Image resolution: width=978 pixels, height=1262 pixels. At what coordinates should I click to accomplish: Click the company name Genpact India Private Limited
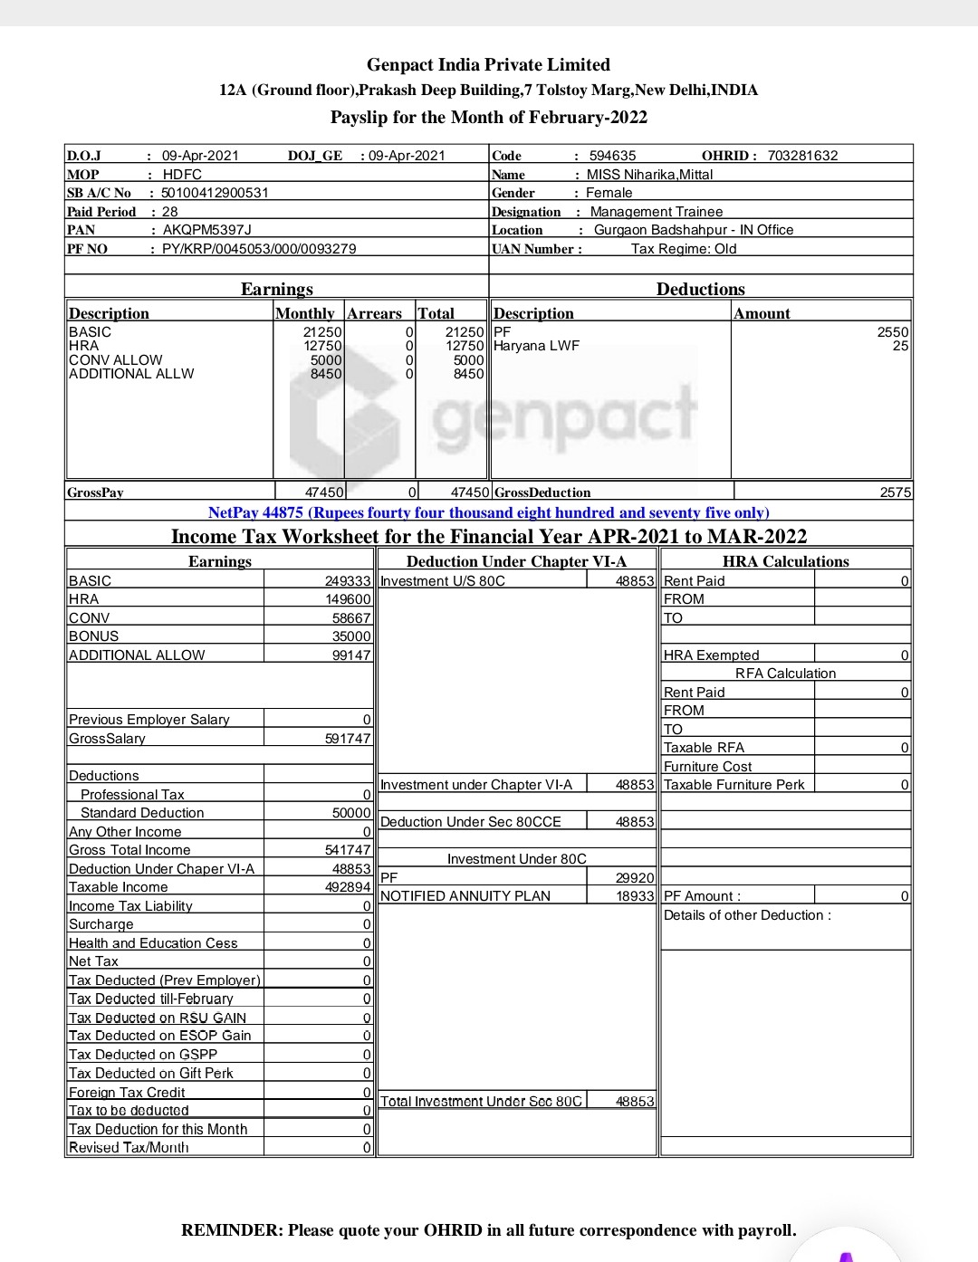(x=488, y=64)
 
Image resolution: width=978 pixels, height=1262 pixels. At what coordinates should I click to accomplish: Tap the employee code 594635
(x=612, y=156)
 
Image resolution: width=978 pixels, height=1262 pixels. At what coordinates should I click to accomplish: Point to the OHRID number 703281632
(x=802, y=156)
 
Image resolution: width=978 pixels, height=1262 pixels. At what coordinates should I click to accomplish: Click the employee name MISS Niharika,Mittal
(x=649, y=175)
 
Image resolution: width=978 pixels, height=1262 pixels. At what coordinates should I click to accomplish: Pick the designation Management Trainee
(x=656, y=212)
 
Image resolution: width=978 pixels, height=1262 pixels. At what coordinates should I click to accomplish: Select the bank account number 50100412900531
(x=215, y=193)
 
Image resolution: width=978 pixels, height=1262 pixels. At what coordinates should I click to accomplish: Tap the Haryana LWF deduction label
(x=536, y=346)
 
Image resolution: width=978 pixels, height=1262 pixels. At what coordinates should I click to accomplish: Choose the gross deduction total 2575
(x=896, y=492)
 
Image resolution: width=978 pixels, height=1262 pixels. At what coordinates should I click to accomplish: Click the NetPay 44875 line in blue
(x=488, y=512)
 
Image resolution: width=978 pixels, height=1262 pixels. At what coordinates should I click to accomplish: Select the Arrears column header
(x=374, y=313)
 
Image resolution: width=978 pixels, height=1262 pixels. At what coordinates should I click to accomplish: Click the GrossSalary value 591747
(x=348, y=739)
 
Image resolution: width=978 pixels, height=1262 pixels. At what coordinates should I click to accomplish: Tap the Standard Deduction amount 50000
(x=351, y=813)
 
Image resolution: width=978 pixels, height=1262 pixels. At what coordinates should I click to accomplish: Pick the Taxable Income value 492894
(x=348, y=887)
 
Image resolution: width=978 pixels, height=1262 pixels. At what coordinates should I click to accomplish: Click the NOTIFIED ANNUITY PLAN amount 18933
(x=635, y=896)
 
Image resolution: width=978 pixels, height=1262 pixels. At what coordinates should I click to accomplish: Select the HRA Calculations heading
(x=785, y=561)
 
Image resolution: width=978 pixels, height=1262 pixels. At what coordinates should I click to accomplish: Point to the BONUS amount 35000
(x=351, y=636)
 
